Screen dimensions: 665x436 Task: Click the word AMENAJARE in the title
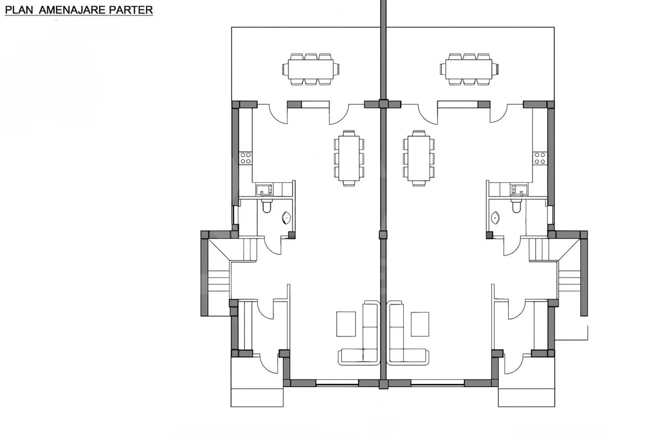(72, 10)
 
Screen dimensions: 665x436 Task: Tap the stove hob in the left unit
(246, 158)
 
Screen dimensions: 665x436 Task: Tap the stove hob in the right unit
(539, 158)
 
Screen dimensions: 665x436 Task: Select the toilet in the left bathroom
(267, 206)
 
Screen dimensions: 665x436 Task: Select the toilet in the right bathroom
(516, 206)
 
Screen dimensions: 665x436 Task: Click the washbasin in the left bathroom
(286, 218)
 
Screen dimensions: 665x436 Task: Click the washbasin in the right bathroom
(495, 218)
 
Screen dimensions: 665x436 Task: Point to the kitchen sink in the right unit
(518, 190)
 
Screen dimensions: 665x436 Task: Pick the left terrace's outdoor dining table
(311, 70)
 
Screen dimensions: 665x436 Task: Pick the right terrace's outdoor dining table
(469, 70)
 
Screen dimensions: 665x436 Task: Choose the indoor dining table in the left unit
(349, 158)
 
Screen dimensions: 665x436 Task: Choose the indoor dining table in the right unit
(419, 158)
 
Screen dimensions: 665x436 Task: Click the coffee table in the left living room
(346, 324)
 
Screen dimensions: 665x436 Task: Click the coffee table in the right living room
(420, 324)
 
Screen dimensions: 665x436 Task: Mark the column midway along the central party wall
(383, 235)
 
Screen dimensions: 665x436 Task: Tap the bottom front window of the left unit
(337, 383)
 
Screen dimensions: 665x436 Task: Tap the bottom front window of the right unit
(437, 383)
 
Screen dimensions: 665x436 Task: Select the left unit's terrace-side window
(315, 104)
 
